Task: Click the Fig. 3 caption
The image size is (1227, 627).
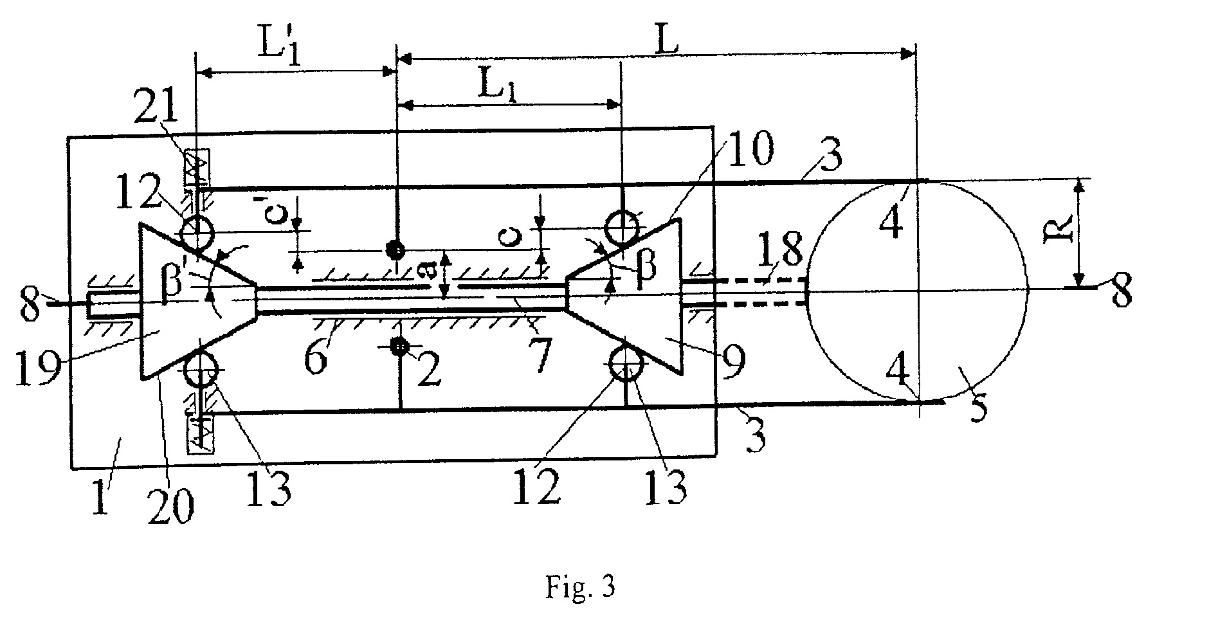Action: (x=580, y=586)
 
